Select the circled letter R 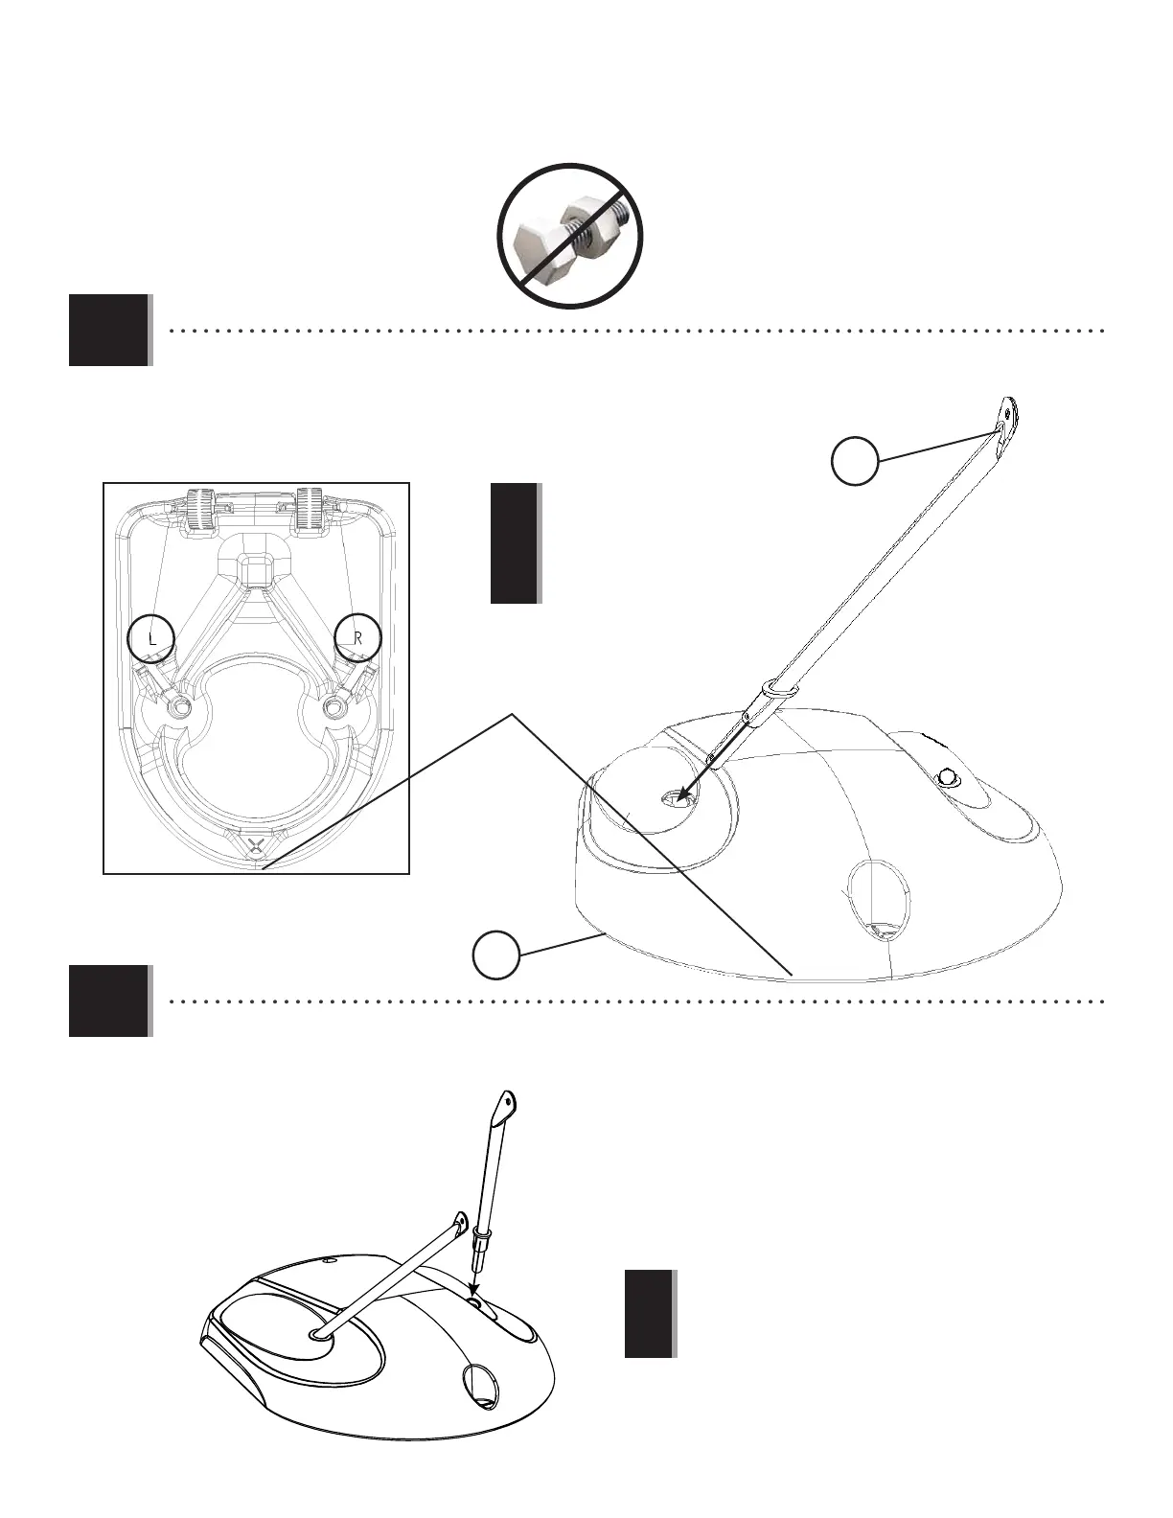(358, 636)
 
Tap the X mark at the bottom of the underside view (256, 844)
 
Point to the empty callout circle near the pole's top (855, 461)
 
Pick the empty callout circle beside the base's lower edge (496, 955)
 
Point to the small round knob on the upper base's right (948, 777)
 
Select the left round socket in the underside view (179, 707)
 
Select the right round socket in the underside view (333, 707)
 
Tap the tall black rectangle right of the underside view (515, 543)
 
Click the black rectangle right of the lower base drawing (649, 1314)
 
